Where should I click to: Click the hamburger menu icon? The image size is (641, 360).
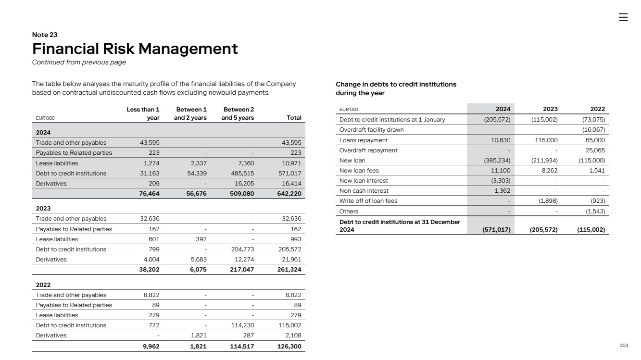[x=623, y=17]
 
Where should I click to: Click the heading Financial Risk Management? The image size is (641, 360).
[x=135, y=49]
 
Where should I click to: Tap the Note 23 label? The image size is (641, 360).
[x=45, y=35]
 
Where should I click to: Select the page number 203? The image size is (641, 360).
[x=624, y=346]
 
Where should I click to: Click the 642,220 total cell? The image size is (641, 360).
[x=291, y=193]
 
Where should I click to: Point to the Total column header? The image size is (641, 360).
[x=294, y=117]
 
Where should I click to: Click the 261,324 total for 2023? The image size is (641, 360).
[x=291, y=270]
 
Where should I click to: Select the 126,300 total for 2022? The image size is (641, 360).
[x=291, y=346]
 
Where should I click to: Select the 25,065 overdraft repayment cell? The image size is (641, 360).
[x=595, y=150]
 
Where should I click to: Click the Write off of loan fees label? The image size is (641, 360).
[x=368, y=201]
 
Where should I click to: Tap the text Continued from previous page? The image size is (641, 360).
[x=79, y=62]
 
